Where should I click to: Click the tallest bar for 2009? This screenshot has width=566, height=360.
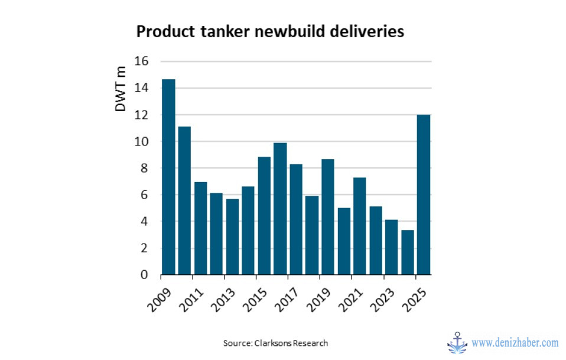168,177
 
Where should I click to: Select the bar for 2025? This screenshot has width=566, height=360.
423,194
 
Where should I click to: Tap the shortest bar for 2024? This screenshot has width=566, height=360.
407,252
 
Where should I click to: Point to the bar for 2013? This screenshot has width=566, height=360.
232,237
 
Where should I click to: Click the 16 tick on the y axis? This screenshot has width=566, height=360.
141,61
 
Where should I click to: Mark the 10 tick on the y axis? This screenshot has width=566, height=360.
141,142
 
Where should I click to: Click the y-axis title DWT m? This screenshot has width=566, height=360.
121,89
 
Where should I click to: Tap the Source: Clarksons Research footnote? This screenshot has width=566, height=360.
275,343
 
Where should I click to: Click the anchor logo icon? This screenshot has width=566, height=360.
457,342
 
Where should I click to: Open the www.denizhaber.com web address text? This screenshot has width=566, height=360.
515,343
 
